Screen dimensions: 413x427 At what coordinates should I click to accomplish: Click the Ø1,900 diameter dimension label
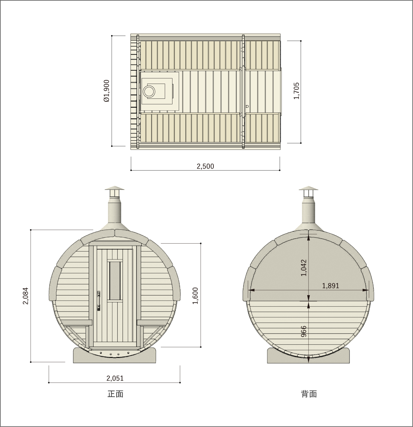(x=107, y=91)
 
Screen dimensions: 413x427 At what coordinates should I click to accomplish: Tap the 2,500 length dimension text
(x=205, y=166)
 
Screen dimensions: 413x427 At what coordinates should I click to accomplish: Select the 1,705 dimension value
(x=296, y=91)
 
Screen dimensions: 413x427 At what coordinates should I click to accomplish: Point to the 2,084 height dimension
(x=26, y=296)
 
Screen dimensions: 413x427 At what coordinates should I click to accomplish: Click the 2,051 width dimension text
(x=115, y=378)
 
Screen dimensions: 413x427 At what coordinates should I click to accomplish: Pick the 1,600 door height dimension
(x=195, y=295)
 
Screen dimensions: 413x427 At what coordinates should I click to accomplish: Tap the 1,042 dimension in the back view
(x=304, y=268)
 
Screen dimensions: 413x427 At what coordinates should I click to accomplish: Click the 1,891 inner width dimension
(x=330, y=286)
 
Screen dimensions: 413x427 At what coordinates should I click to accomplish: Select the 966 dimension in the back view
(x=304, y=338)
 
